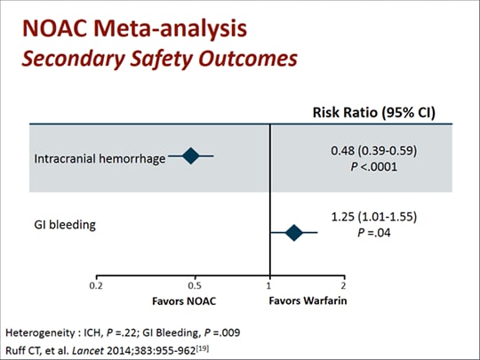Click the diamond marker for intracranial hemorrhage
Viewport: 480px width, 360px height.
tap(191, 156)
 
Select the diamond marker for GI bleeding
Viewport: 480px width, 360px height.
tap(294, 233)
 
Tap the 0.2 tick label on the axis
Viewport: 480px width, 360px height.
tap(96, 286)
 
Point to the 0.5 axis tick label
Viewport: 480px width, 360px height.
tap(195, 286)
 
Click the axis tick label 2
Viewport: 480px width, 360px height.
tap(344, 286)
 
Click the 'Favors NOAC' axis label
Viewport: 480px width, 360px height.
tap(184, 301)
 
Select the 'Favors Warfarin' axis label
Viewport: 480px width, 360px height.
tap(308, 300)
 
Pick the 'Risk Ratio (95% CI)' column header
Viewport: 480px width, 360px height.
tap(373, 113)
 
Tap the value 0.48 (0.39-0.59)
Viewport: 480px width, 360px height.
tap(373, 150)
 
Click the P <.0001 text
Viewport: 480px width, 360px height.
tap(373, 167)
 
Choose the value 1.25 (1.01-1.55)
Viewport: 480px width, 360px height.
tap(374, 217)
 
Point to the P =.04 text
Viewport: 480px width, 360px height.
tap(374, 233)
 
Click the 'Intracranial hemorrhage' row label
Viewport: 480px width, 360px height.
tap(100, 159)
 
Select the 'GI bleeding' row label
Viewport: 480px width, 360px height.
tap(65, 225)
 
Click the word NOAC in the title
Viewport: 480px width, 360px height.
tap(55, 28)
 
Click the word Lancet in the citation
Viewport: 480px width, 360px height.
tap(88, 350)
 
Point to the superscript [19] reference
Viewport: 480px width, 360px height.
tap(203, 348)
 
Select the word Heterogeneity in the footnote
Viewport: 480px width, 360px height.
tap(40, 332)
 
